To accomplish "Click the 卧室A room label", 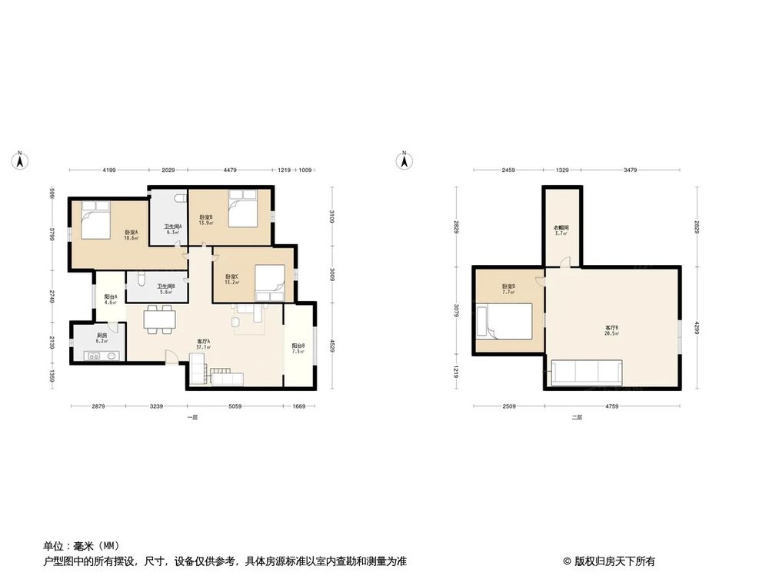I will click(130, 233).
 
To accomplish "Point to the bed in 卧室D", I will click(505, 321).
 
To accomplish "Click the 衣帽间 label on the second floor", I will click(561, 229).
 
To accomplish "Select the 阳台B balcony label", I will click(298, 347).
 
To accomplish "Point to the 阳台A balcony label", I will click(111, 298).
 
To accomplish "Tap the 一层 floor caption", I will click(192, 418).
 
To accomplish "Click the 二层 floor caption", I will click(577, 418).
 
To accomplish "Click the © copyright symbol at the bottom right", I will click(567, 561).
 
